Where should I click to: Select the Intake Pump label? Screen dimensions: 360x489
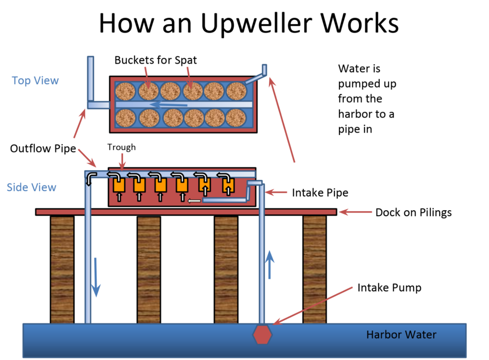389,287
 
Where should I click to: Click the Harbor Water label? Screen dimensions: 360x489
401,335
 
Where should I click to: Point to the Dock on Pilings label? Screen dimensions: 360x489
413,212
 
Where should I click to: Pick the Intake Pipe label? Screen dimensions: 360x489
320,193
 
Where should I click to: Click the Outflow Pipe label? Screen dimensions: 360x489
43,148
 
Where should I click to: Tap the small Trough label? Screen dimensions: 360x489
121,147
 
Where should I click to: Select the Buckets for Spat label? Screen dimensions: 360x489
156,60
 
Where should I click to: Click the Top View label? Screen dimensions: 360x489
35,81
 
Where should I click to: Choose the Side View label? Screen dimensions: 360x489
31,187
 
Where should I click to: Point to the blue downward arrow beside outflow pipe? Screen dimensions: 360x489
96,283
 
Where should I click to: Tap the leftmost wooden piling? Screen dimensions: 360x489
62,269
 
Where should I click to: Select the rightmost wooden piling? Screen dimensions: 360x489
314,269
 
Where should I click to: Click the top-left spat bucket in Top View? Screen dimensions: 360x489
125,90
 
